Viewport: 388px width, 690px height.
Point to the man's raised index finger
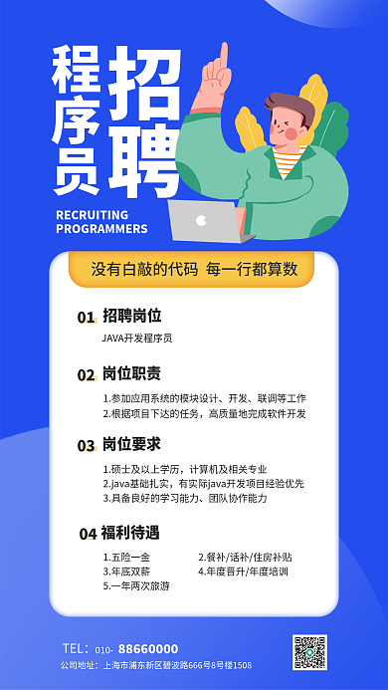point(223,56)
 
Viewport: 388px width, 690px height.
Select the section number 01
point(87,317)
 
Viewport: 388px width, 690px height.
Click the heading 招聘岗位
point(131,316)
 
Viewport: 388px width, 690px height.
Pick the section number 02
point(87,375)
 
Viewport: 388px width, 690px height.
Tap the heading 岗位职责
point(131,374)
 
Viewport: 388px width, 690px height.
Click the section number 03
point(87,444)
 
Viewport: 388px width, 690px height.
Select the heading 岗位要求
point(131,443)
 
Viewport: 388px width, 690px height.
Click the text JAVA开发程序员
point(137,339)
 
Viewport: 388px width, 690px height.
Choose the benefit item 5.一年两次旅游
point(136,586)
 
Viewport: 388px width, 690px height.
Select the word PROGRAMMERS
point(101,229)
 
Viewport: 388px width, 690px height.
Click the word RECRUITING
point(93,214)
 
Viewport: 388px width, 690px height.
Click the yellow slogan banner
point(194,269)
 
